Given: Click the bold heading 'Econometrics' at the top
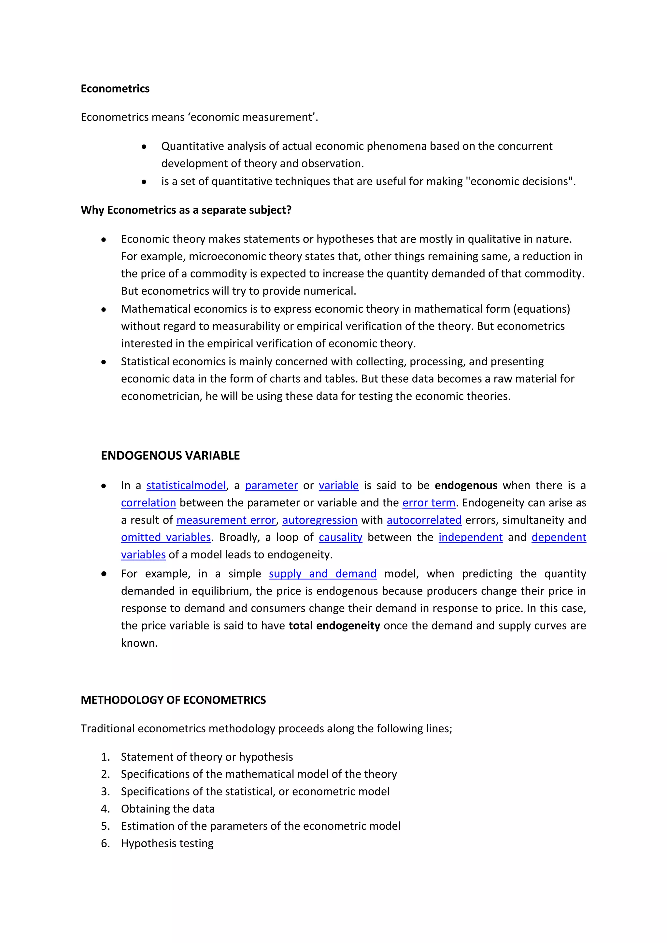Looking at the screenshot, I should (x=115, y=89).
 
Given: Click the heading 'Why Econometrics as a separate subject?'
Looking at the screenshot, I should (x=186, y=210).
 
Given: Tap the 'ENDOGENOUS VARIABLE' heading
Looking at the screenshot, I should (x=170, y=456).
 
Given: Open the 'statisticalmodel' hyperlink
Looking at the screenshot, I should (x=186, y=486).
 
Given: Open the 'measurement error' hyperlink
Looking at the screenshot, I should (x=226, y=520).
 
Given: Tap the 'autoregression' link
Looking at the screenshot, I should (x=319, y=520).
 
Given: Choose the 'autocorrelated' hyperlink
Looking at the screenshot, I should (x=424, y=520).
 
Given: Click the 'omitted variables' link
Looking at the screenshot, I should (x=166, y=537).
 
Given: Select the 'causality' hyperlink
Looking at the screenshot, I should (x=340, y=537).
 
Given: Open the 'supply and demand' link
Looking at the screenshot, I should (x=322, y=574).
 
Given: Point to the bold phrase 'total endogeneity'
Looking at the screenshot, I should (x=334, y=626).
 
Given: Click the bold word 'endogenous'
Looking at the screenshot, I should (x=466, y=486).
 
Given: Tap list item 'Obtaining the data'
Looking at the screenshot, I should (x=168, y=809).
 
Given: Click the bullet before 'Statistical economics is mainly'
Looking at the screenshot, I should (x=104, y=362).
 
